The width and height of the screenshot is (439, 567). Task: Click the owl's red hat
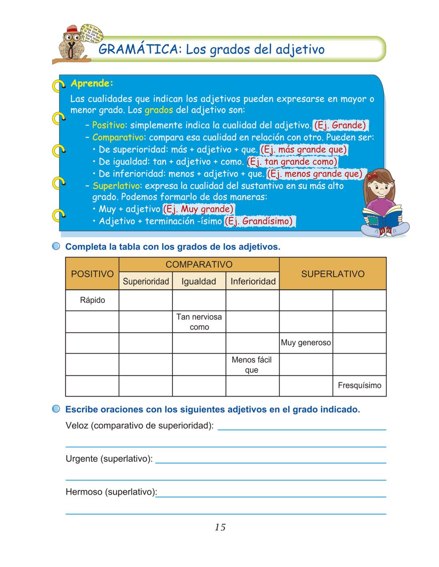(x=72, y=30)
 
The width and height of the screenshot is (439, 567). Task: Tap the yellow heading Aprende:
(x=92, y=83)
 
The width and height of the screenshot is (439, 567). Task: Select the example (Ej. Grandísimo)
(x=259, y=221)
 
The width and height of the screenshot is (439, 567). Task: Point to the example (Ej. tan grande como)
(x=292, y=162)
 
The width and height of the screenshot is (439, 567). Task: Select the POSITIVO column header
(x=92, y=274)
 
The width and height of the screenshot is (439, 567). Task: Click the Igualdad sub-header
(x=199, y=282)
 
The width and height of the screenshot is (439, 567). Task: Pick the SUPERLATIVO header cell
(x=332, y=274)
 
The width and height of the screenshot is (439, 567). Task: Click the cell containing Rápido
(x=92, y=300)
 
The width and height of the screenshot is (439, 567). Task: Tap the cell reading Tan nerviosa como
(x=199, y=322)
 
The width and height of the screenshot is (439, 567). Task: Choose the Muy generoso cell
(x=306, y=343)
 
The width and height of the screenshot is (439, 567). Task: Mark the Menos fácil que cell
(x=252, y=364)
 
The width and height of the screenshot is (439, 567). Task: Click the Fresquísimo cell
(x=359, y=386)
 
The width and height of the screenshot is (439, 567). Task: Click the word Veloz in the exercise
(x=77, y=426)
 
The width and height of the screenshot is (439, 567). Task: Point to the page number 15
(x=220, y=527)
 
